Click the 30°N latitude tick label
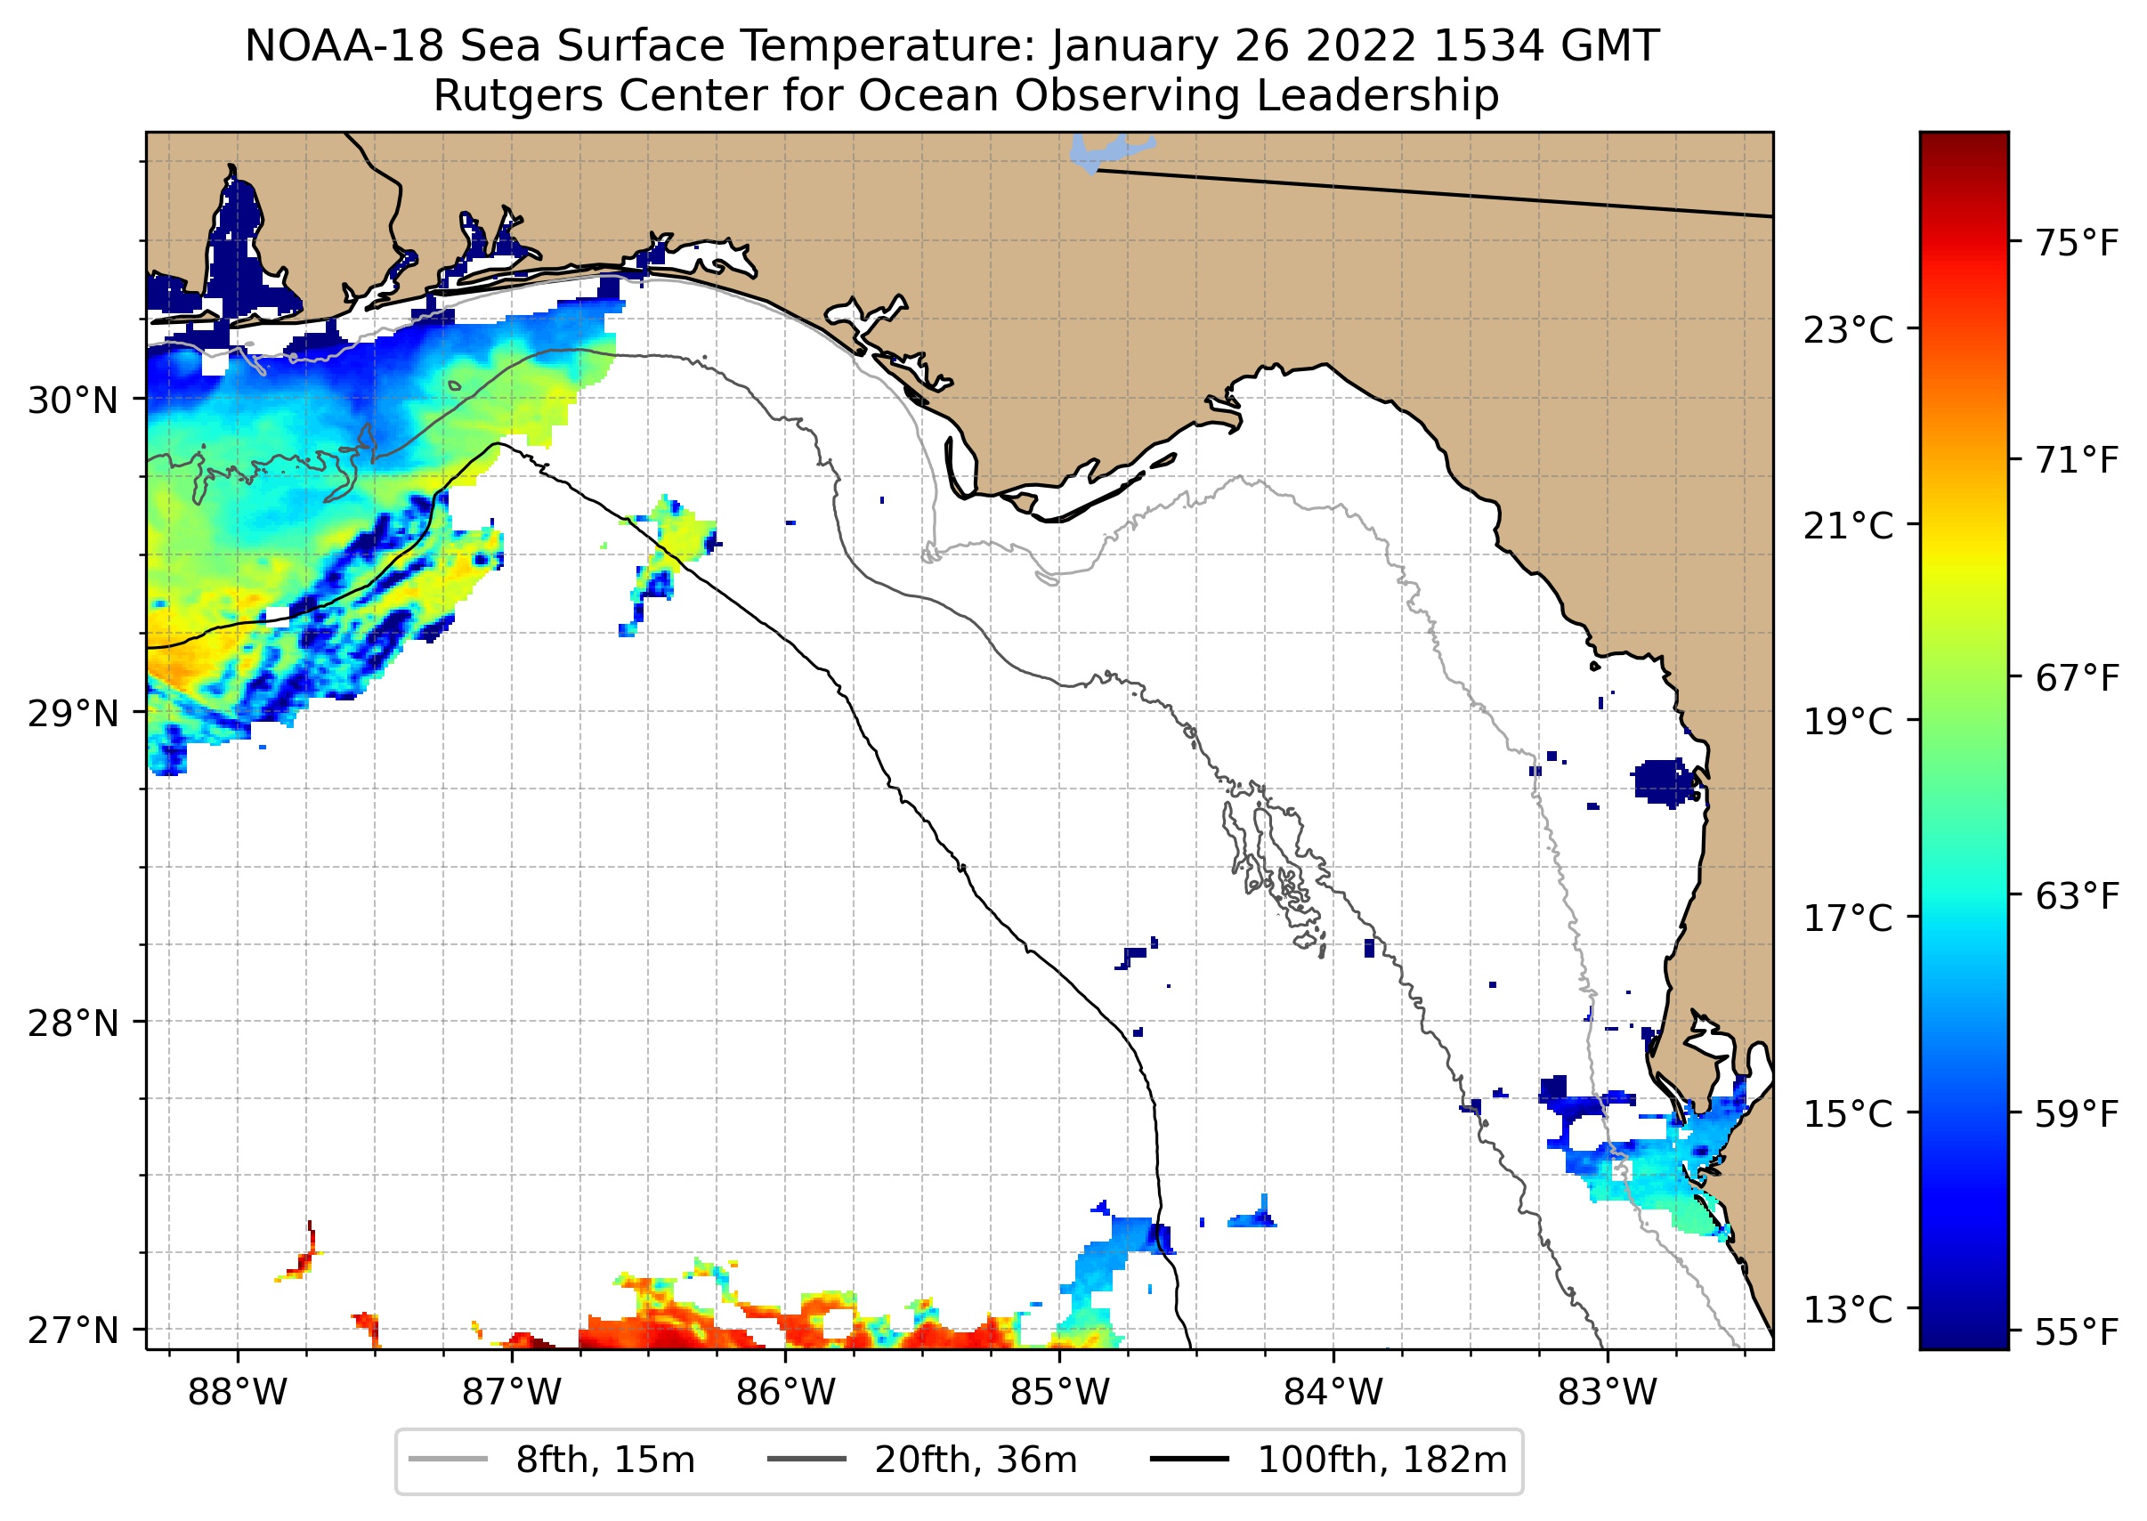(73, 400)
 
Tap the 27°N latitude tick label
(73, 1330)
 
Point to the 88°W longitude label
(237, 1393)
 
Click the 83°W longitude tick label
(1608, 1393)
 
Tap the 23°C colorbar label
(1848, 330)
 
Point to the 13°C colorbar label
(1848, 1309)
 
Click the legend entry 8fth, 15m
(604, 1460)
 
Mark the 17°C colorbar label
(1848, 918)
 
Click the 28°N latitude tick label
(73, 1023)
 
